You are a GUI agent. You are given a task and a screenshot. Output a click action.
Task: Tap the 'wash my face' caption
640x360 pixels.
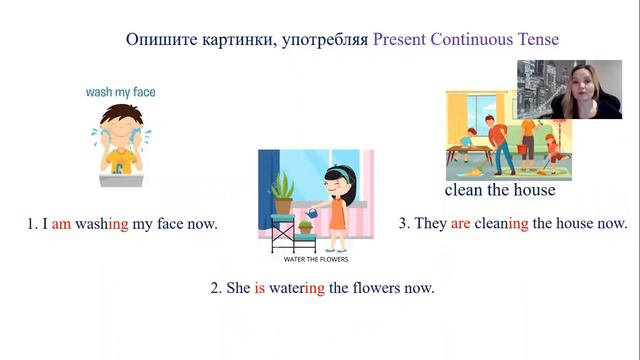120,93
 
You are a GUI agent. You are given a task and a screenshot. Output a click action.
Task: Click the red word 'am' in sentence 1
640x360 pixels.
61,223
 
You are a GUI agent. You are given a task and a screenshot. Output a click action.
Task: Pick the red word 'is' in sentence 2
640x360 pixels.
260,288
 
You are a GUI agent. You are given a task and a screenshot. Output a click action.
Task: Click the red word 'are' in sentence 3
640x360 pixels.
460,223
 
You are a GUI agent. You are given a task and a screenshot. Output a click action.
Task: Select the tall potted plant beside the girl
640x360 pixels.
283,190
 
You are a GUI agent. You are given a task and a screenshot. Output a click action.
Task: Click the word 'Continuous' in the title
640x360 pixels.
470,39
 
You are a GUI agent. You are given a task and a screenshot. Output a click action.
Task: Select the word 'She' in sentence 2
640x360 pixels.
237,288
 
